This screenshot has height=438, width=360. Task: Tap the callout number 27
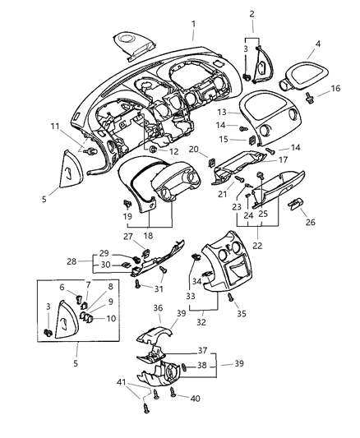click(x=129, y=237)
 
